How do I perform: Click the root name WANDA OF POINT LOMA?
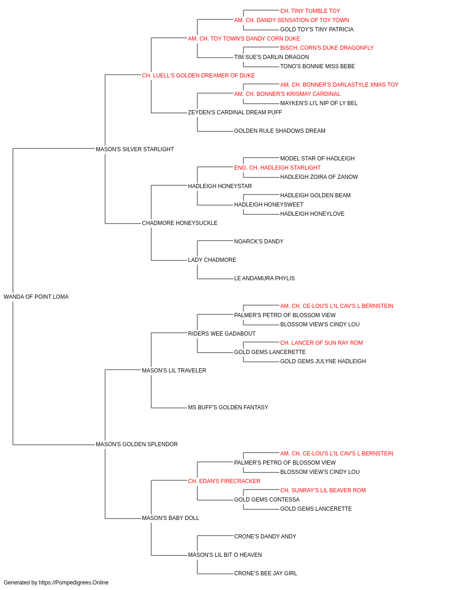(36, 297)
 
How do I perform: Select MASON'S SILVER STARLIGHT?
(135, 149)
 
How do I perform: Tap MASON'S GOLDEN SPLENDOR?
(136, 444)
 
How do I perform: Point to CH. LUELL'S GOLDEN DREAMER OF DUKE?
(198, 76)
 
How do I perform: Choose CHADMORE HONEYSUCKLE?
(179, 223)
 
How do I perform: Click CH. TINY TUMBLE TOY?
(310, 11)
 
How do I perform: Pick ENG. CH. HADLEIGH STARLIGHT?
(277, 168)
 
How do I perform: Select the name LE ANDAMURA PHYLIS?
(264, 278)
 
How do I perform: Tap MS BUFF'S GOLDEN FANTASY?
(228, 407)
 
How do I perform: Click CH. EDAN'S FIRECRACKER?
(224, 481)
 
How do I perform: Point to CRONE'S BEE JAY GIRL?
(266, 573)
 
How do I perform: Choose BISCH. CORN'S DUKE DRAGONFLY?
(327, 48)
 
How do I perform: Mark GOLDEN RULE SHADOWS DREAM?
(280, 131)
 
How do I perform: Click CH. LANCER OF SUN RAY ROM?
(321, 343)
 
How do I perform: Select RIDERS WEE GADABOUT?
(222, 334)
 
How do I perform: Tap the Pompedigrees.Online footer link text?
(73, 583)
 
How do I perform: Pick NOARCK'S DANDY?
(259, 242)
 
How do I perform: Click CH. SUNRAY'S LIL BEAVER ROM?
(323, 490)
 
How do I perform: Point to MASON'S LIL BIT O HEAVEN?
(225, 555)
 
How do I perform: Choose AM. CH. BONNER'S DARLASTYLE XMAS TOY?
(339, 85)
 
